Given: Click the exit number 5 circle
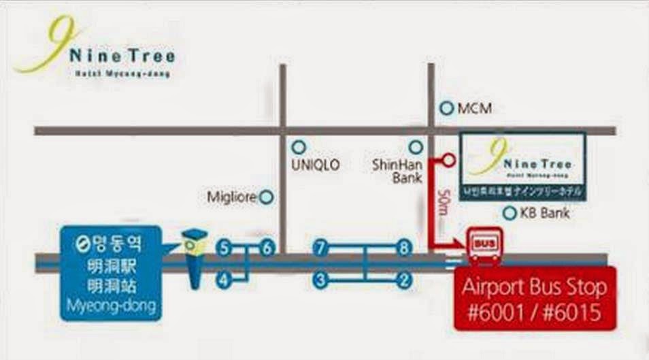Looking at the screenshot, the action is (224, 248).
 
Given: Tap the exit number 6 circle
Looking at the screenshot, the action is (267, 248).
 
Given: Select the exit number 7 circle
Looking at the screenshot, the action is (320, 248).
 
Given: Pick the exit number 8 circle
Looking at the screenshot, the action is (405, 248).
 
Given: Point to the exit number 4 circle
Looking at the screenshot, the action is (224, 279).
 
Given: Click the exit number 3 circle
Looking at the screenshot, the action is (320, 279).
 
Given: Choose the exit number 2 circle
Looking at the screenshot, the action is (405, 279).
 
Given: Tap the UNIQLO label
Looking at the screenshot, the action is (315, 165).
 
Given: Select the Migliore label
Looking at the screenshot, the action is (231, 197).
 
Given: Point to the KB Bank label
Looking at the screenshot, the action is (544, 214).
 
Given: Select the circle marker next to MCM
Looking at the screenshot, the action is (447, 108).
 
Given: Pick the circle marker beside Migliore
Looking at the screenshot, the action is (267, 197).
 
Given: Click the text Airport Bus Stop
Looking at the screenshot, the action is (534, 287).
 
